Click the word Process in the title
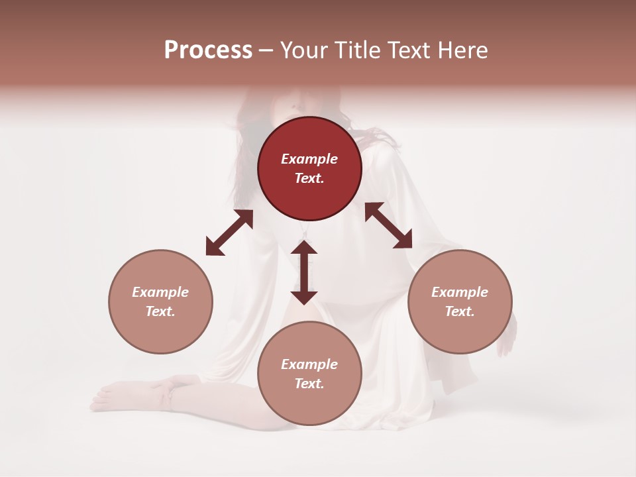[208, 50]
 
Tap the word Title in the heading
[360, 50]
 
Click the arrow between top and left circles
[229, 233]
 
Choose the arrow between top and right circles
[388, 225]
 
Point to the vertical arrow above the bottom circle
[304, 272]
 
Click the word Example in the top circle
[309, 159]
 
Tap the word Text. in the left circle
[160, 311]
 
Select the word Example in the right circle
[460, 292]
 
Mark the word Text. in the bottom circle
[309, 384]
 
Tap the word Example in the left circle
[160, 292]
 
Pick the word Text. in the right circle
[460, 311]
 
